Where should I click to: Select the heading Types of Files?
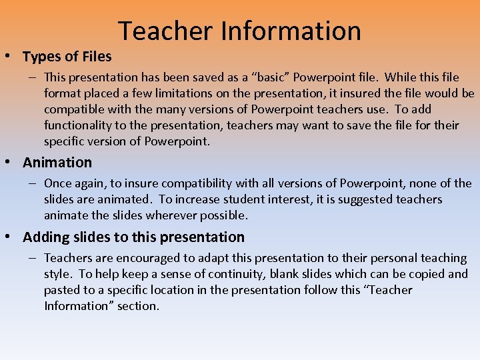point(67,57)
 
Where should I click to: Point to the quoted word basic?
point(275,78)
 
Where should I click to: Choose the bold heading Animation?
point(57,163)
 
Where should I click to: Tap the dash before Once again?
point(32,183)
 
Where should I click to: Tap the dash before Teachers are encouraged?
point(32,258)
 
